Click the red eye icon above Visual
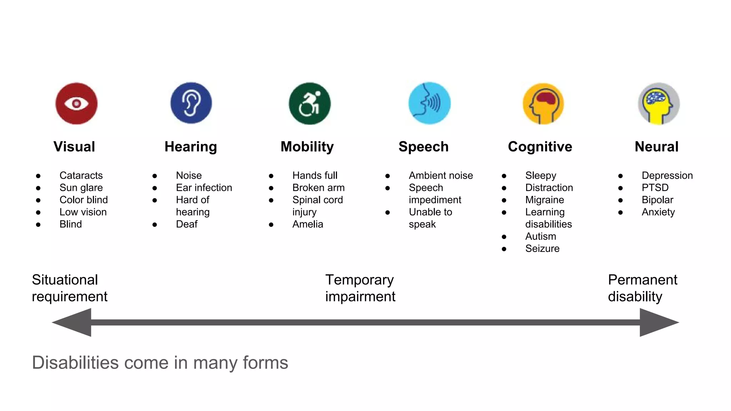click(x=76, y=103)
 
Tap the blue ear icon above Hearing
click(x=191, y=103)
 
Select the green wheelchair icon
click(x=309, y=103)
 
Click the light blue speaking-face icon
click(x=429, y=103)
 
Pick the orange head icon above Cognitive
click(x=543, y=104)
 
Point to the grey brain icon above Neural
click(x=659, y=104)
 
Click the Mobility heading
click(x=307, y=147)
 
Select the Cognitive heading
click(x=540, y=147)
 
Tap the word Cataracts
click(x=81, y=176)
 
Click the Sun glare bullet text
click(x=81, y=188)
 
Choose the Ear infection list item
click(x=204, y=188)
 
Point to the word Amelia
click(x=308, y=224)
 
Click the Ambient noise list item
click(x=441, y=176)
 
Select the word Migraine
click(x=545, y=200)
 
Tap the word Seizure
click(x=542, y=248)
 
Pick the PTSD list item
click(x=655, y=188)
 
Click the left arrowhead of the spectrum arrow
click(x=73, y=323)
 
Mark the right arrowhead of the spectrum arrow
click(x=658, y=323)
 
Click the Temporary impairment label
click(x=360, y=288)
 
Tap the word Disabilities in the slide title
click(x=75, y=363)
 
